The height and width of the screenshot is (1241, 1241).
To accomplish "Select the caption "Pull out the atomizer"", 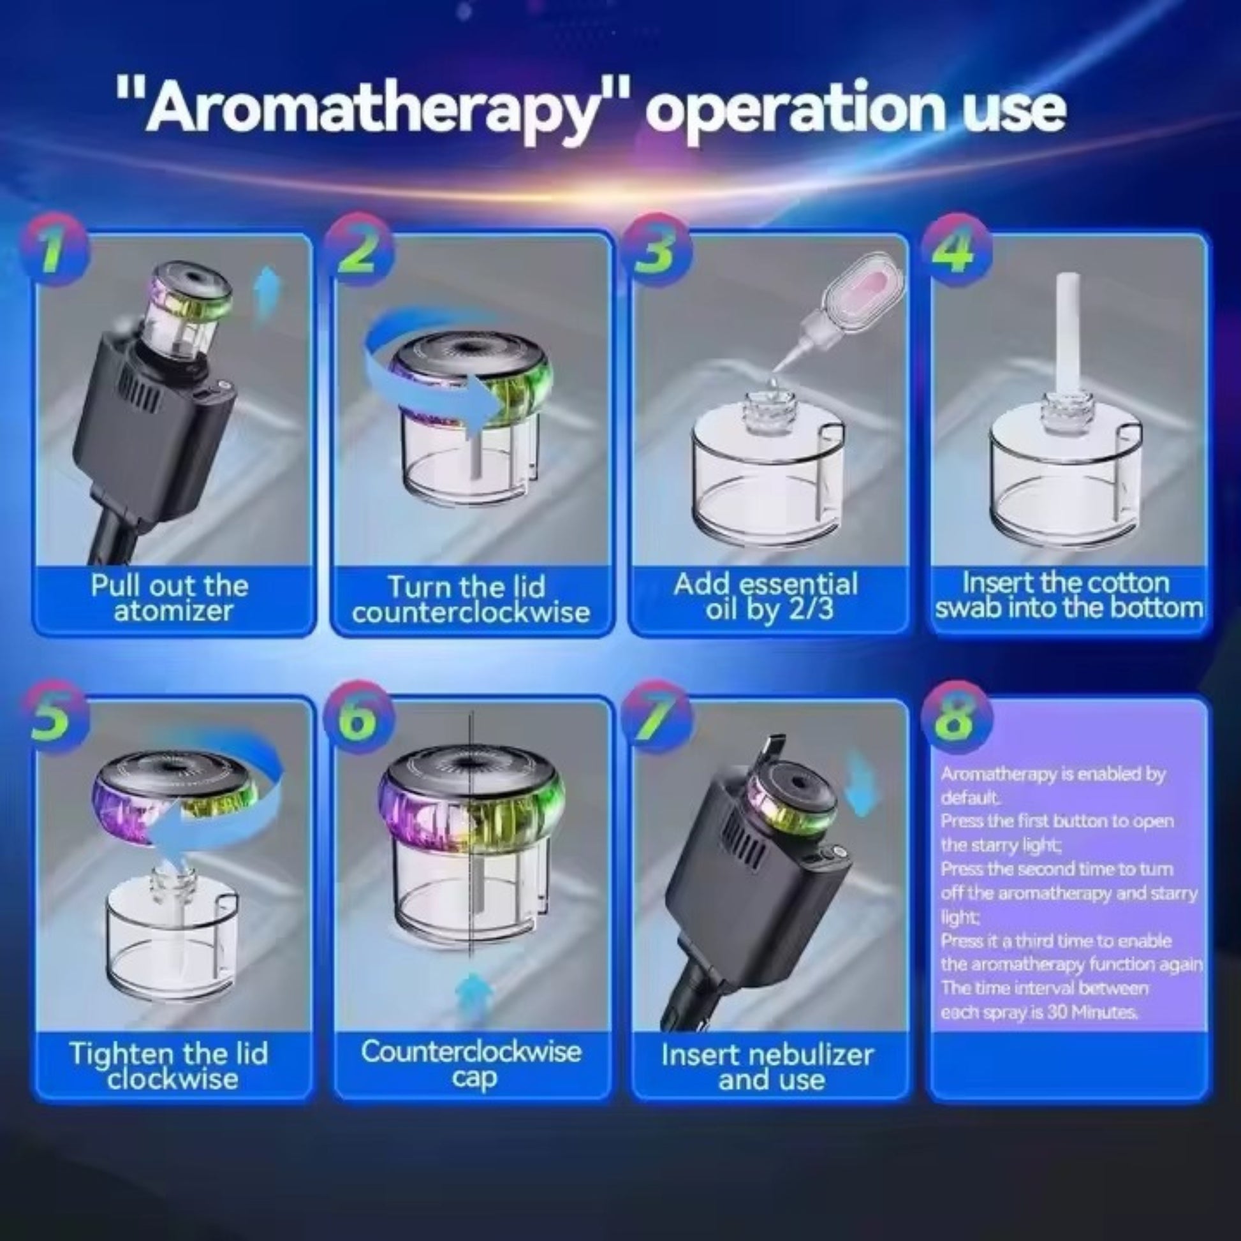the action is pos(170,598).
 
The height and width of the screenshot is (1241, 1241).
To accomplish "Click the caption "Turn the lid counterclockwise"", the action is pos(470,599).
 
